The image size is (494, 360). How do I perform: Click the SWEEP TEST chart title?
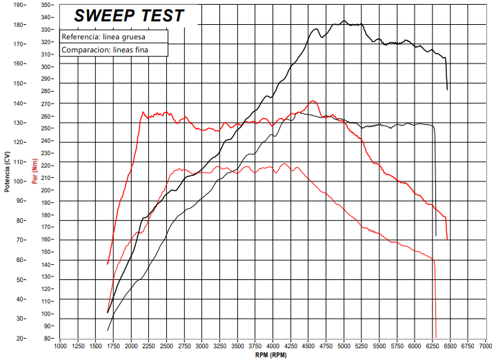pyautogui.click(x=129, y=15)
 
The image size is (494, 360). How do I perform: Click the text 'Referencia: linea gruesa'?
pyautogui.click(x=103, y=37)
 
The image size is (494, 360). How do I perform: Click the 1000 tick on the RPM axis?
pyautogui.click(x=60, y=346)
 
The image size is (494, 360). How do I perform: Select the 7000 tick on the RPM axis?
pyautogui.click(x=486, y=346)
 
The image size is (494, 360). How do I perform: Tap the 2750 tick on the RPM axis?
pyautogui.click(x=184, y=346)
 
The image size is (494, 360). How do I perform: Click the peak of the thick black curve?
pyautogui.click(x=344, y=21)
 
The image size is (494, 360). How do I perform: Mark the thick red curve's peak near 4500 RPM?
pyautogui.click(x=313, y=101)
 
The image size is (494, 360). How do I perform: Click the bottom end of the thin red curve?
pyautogui.click(x=436, y=337)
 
